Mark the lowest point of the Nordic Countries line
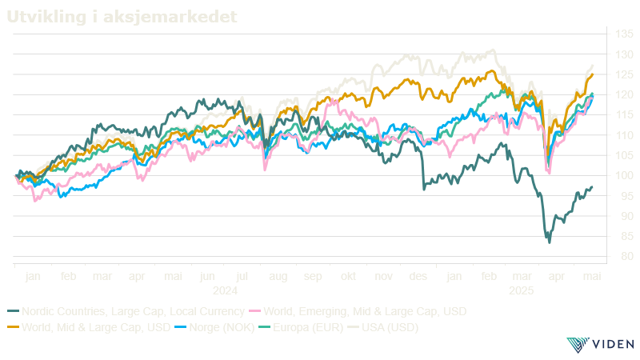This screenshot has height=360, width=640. (x=549, y=242)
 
